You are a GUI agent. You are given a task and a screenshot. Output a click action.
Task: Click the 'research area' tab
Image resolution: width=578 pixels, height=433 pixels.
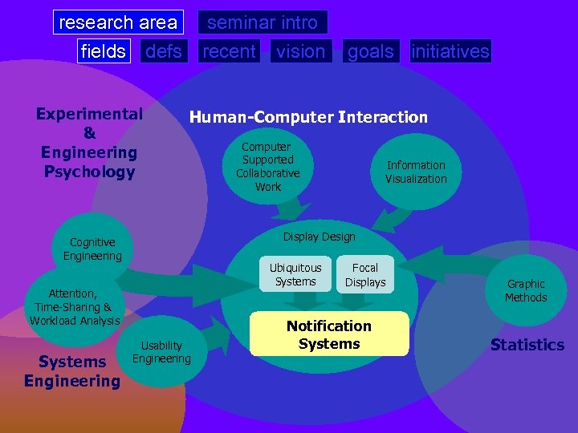click(x=118, y=22)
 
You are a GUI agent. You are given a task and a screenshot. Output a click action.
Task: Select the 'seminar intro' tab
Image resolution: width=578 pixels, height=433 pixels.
click(x=263, y=22)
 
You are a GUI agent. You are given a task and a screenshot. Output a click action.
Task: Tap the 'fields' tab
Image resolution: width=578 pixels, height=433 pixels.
click(x=104, y=51)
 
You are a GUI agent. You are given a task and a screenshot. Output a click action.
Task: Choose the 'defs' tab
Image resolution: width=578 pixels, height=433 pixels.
click(x=164, y=51)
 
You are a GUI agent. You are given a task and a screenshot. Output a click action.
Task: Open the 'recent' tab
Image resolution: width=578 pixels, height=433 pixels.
click(x=229, y=51)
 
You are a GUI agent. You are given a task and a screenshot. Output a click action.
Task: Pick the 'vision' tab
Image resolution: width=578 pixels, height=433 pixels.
click(x=301, y=51)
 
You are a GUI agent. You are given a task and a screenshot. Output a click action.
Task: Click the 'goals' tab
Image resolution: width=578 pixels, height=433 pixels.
click(x=371, y=51)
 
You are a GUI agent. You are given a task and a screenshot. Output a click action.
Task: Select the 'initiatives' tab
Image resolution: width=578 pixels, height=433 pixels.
click(x=450, y=51)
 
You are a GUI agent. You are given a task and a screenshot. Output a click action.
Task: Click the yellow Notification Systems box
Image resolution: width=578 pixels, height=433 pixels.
click(x=329, y=334)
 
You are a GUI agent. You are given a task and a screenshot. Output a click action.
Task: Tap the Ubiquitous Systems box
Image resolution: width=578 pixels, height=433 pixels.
click(x=295, y=274)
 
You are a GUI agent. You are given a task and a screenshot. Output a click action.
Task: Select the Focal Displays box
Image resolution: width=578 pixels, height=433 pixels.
click(x=365, y=274)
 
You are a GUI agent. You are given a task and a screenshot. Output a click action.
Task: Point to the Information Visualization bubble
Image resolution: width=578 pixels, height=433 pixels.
click(x=416, y=172)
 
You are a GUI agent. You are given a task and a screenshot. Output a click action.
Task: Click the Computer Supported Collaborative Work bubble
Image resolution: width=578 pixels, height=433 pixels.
click(x=267, y=167)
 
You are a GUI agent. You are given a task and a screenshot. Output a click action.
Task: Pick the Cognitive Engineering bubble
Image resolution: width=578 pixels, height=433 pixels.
click(x=92, y=249)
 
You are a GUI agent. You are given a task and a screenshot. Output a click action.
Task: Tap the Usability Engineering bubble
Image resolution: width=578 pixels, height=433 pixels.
click(x=161, y=352)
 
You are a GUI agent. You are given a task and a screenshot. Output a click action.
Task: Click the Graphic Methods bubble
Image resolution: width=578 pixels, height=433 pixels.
click(x=526, y=290)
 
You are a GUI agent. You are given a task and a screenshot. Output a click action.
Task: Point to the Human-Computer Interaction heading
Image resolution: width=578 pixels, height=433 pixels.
click(x=308, y=117)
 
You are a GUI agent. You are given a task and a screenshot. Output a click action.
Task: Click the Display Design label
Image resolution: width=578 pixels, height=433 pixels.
click(x=319, y=237)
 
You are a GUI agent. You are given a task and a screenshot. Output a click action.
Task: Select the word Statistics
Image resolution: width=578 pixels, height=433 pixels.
click(x=527, y=345)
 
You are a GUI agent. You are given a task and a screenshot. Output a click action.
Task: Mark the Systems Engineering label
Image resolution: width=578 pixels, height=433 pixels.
click(x=71, y=371)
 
